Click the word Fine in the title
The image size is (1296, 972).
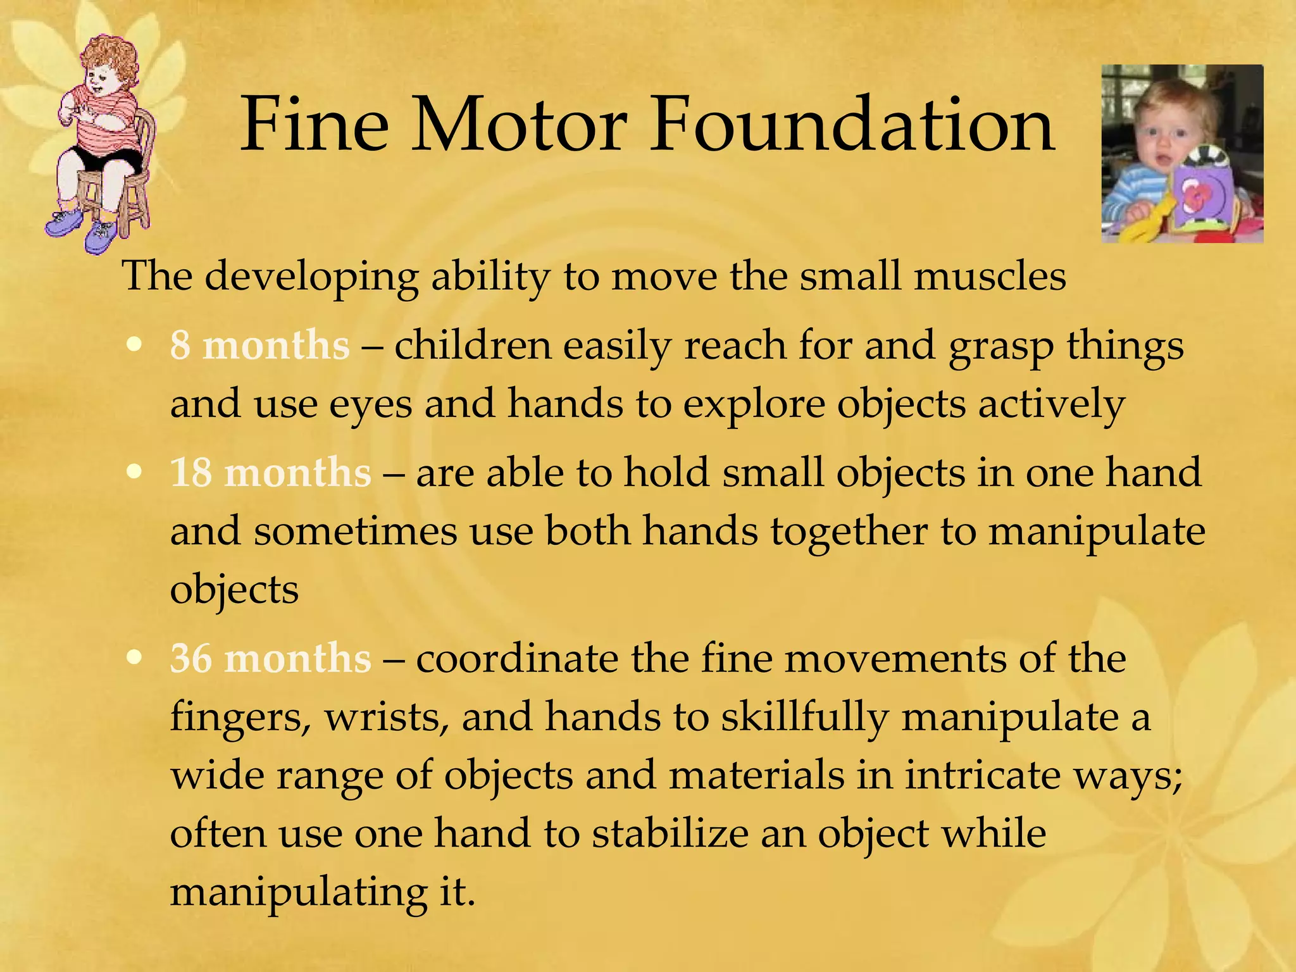[315, 125]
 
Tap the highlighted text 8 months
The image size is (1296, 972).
[259, 346]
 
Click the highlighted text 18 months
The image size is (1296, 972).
[270, 473]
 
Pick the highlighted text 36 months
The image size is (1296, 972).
[270, 659]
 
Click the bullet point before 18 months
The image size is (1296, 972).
[134, 472]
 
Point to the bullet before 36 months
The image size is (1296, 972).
[134, 658]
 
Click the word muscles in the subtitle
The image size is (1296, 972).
[989, 277]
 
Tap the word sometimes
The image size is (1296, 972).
[355, 531]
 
